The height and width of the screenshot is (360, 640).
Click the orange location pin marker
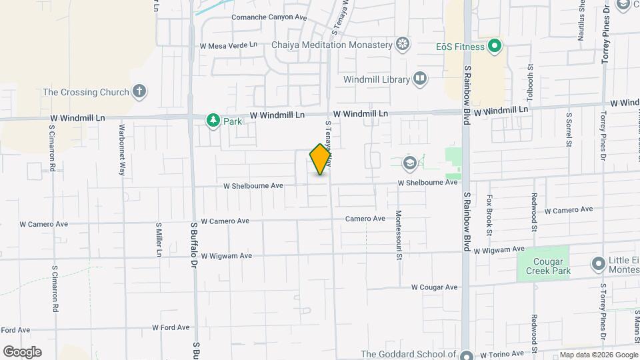pos(321,159)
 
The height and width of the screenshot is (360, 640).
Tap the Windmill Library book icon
pos(420,79)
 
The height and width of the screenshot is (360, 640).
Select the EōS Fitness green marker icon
pos(494,46)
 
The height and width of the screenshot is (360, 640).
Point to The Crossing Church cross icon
pos(139,91)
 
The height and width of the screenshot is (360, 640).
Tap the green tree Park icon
pos(213,121)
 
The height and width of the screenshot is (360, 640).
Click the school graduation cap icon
pos(408,163)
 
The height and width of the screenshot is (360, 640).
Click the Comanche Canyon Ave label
pos(269,17)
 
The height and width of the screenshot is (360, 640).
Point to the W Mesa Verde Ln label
pos(228,46)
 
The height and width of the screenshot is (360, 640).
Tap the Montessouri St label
pos(399,234)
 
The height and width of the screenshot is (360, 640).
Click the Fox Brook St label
pos(489,215)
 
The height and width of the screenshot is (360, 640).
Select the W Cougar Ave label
pos(434,287)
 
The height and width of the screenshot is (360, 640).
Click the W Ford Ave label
pos(171,327)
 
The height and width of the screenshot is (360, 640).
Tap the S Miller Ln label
pos(159,239)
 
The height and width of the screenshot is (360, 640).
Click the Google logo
pos(22,352)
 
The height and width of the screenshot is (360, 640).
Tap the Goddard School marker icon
pos(466,355)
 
